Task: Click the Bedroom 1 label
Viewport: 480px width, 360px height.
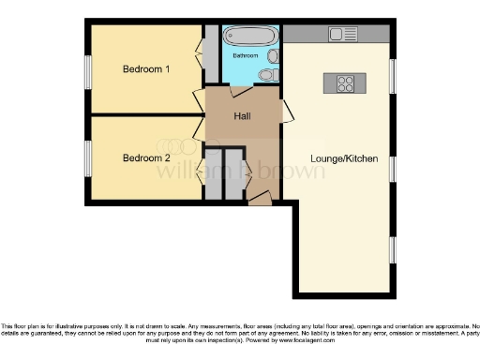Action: (147, 69)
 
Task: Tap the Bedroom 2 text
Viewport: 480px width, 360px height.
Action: (147, 157)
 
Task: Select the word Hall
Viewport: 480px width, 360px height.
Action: (240, 116)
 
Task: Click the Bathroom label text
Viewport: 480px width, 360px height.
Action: (246, 56)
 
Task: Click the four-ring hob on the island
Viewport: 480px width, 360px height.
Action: (344, 82)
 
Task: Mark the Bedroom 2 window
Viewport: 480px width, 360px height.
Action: (89, 157)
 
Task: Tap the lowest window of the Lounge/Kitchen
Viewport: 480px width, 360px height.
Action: (393, 249)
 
